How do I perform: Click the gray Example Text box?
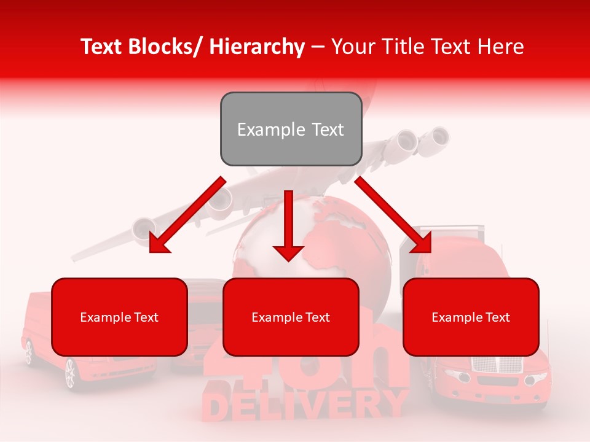coord(291,129)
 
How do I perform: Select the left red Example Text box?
coord(119,317)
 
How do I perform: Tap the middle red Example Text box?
coord(291,317)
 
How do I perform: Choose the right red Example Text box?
coord(471,317)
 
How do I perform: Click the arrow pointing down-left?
coord(187,215)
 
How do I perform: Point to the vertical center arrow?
coord(288,225)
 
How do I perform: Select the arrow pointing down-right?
coord(393,215)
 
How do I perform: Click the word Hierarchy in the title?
coord(257,47)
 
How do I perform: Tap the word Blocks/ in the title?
coord(166,47)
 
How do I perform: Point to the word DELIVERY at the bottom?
coord(304,405)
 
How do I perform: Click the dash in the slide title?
coord(318,47)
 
